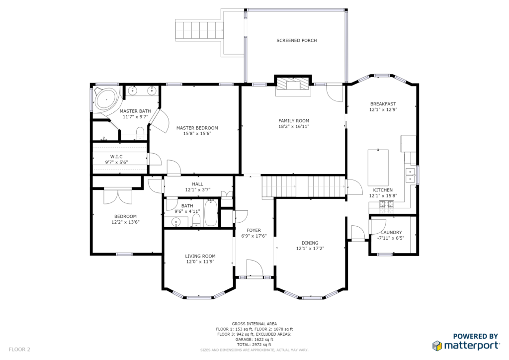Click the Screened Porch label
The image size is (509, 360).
[x=296, y=41]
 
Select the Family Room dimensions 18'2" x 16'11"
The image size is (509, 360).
[x=294, y=127]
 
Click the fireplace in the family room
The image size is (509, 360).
[x=293, y=85]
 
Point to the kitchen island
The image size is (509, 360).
[x=378, y=168]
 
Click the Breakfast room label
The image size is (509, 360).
[x=383, y=104]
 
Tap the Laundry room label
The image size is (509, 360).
[x=391, y=232]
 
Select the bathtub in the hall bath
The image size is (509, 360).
[x=211, y=213]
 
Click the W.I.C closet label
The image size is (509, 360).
[x=116, y=157]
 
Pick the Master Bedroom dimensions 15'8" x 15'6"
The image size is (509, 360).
[x=197, y=133]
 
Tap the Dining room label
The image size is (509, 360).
[x=310, y=243]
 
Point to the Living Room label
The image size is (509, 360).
[x=200, y=256]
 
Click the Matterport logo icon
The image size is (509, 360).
[x=437, y=346]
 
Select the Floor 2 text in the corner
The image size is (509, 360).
[x=19, y=350]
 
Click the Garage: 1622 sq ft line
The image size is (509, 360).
[x=254, y=340]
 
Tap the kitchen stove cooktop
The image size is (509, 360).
[x=386, y=204]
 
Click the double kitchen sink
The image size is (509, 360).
[x=411, y=175]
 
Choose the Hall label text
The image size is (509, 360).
[x=197, y=184]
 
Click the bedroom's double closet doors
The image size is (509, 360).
[x=118, y=196]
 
